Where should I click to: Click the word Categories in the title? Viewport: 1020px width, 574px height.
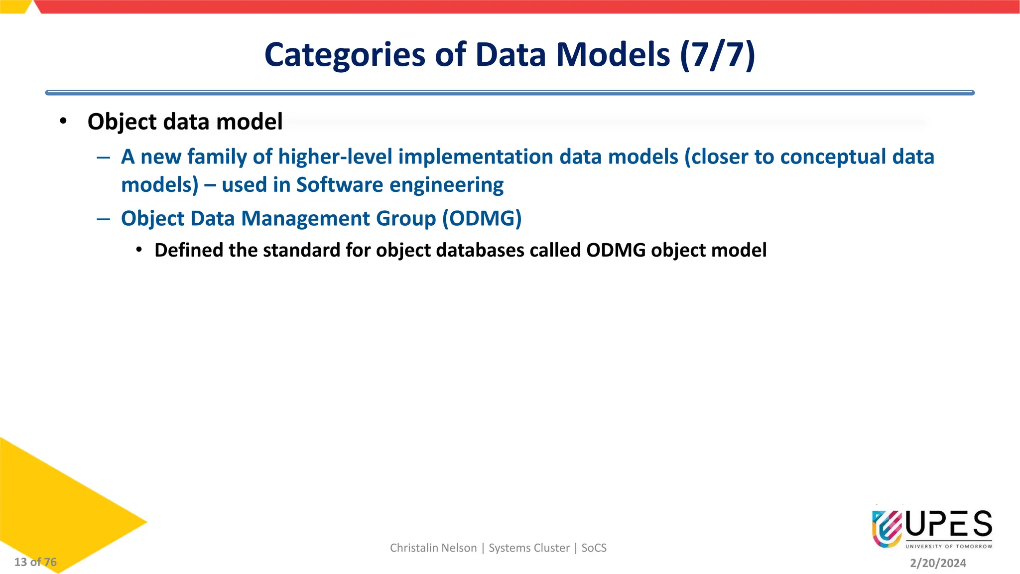point(345,55)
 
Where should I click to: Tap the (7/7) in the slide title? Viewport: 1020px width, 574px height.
point(717,55)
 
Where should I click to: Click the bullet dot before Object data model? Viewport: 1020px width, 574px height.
point(63,121)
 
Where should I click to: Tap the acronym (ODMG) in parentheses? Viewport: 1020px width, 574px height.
point(482,219)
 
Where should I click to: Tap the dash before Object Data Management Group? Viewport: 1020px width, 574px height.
point(104,219)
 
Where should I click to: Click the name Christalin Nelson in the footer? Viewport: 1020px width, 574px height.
point(433,548)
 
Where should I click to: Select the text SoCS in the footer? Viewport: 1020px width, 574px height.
point(594,548)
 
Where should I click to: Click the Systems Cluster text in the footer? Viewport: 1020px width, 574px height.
point(529,548)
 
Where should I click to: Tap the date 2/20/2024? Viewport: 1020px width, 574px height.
point(938,563)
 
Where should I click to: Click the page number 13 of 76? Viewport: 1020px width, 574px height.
point(35,562)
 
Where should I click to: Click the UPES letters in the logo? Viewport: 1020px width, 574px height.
point(949,524)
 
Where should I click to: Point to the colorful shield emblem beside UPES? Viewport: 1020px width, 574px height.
point(887,528)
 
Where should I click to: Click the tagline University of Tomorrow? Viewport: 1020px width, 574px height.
point(949,546)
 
